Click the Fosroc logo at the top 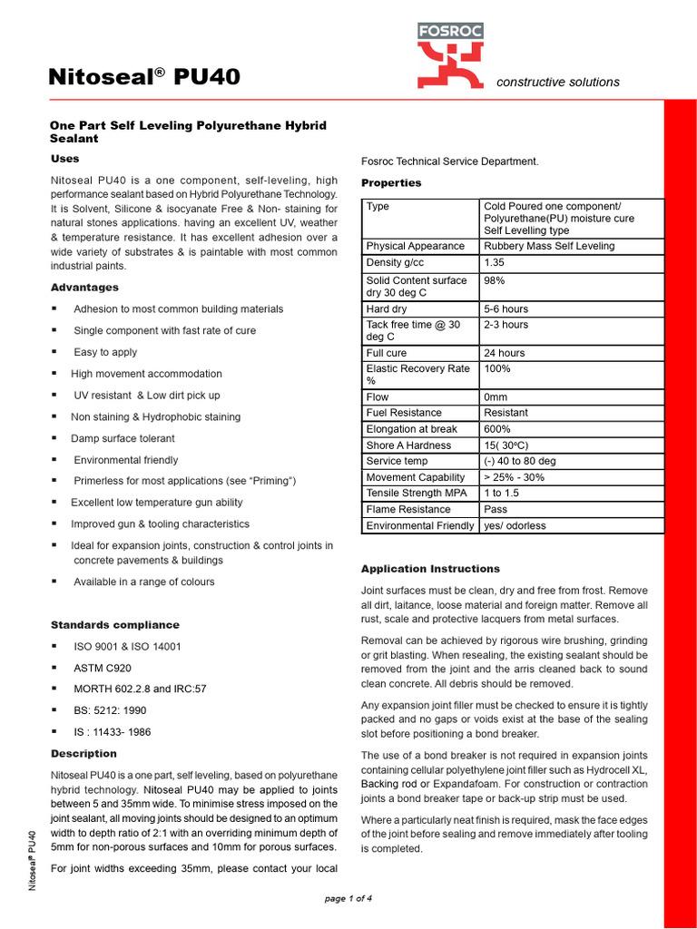[450, 56]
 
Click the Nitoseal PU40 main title [144, 77]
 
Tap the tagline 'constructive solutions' [558, 82]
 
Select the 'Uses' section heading [65, 159]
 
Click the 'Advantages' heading [84, 288]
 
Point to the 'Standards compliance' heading [114, 625]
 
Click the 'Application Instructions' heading [430, 569]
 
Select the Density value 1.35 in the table [495, 262]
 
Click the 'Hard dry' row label [387, 309]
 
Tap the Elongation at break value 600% [497, 429]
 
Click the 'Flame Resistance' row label [407, 509]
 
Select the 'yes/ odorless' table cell [515, 525]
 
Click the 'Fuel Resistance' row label [404, 413]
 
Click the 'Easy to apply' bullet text [105, 352]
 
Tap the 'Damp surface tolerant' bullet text [123, 438]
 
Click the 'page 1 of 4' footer [348, 898]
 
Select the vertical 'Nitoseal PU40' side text [33, 859]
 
